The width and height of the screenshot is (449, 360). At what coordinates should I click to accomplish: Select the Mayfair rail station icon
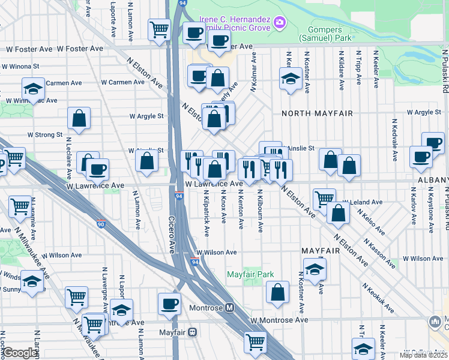pos(193,332)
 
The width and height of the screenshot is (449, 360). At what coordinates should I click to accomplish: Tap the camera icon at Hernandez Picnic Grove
pos(279,23)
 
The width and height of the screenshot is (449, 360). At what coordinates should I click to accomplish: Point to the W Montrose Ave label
pos(280,320)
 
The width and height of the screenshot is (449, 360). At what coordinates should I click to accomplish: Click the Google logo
pos(20,353)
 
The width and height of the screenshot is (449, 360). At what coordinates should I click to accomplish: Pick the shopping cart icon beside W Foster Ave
pos(159,29)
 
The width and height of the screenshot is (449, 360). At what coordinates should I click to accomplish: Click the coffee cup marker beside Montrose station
pos(169,304)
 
